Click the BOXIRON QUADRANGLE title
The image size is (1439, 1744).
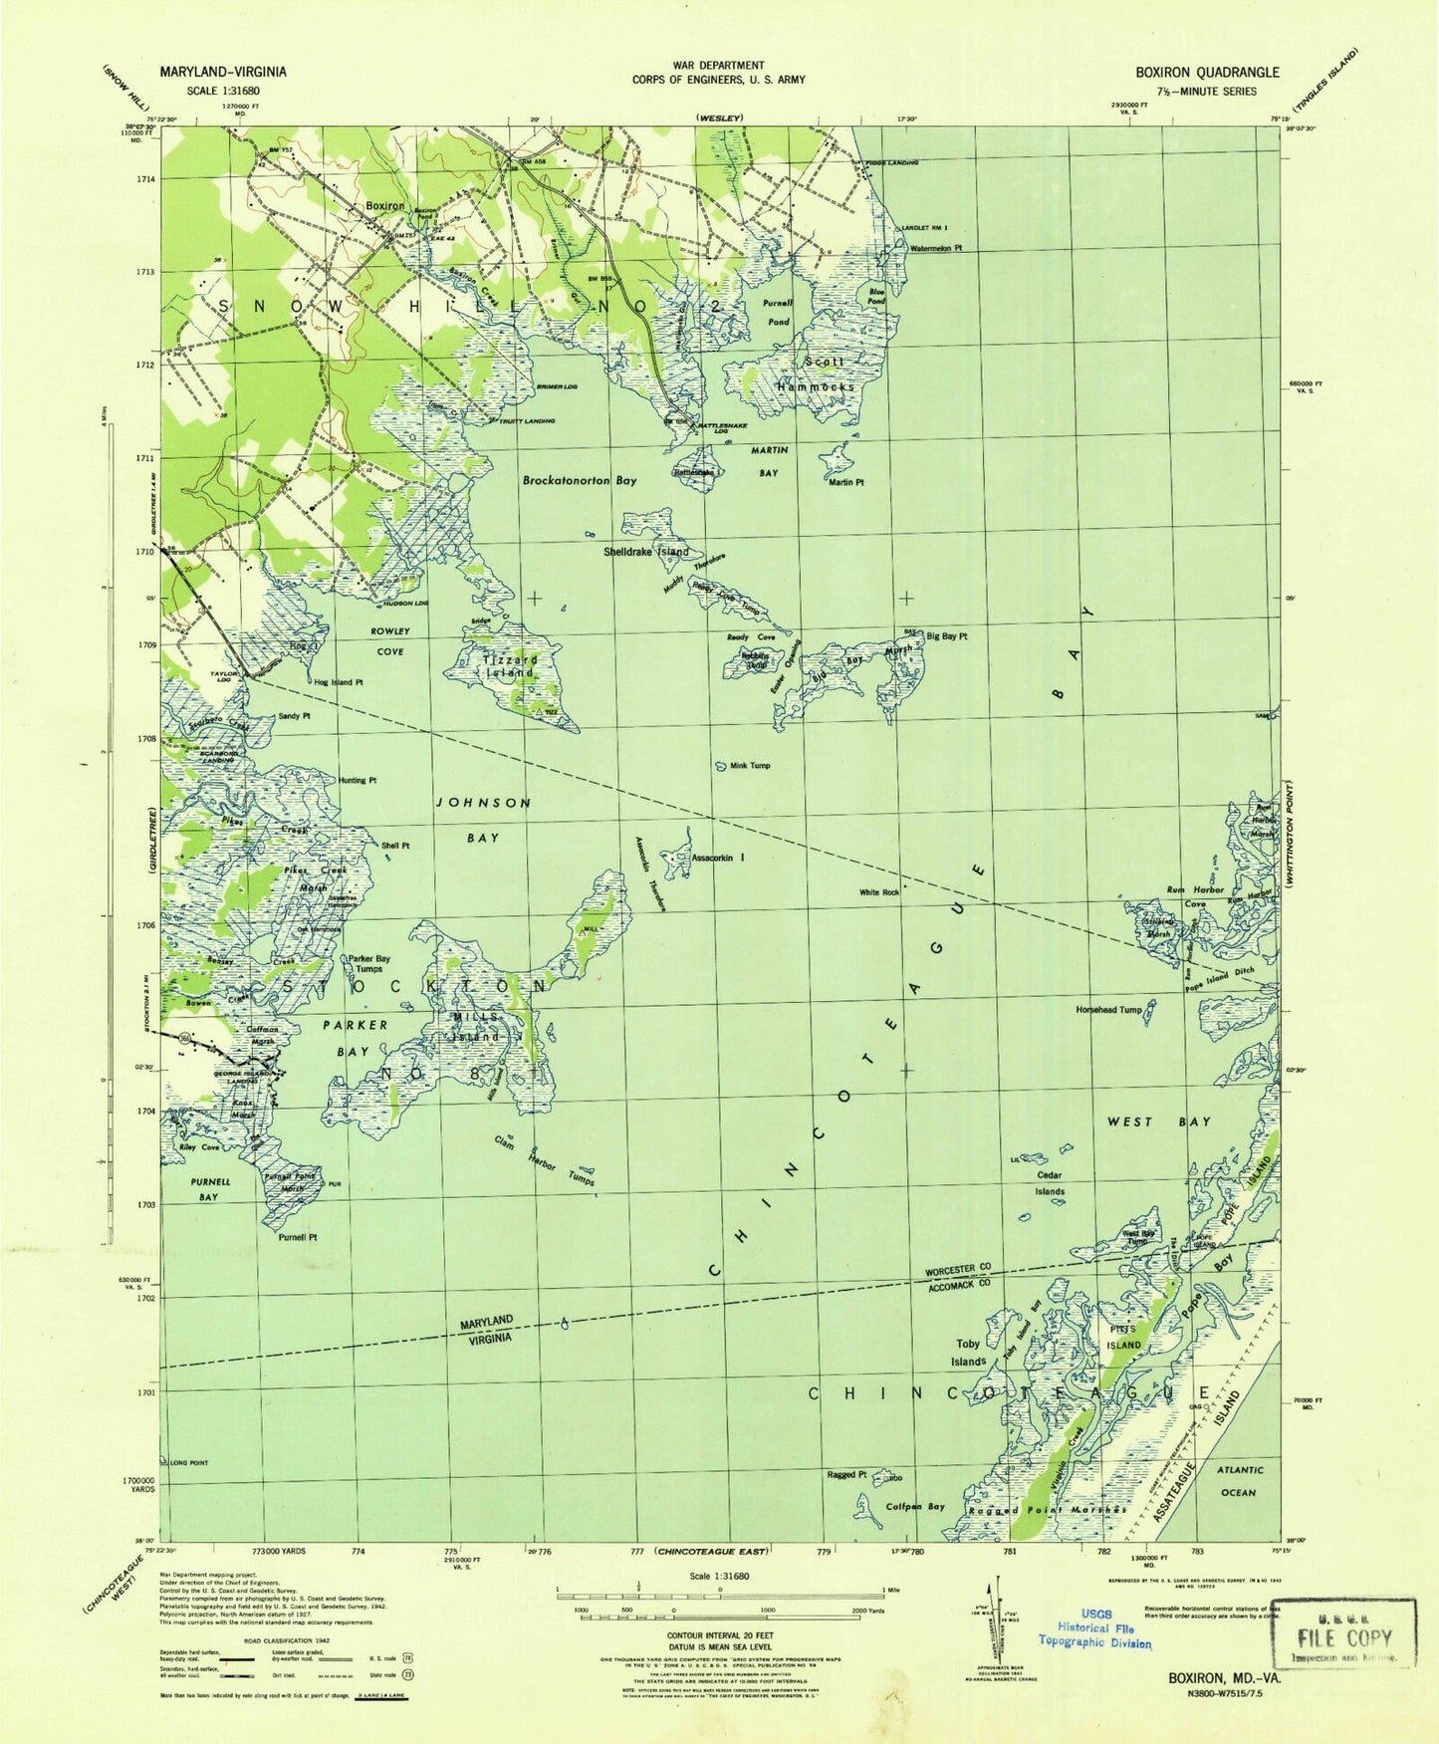point(1207,72)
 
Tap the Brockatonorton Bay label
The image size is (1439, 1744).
point(579,480)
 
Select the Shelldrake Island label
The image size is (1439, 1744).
point(645,552)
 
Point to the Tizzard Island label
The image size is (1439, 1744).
point(510,665)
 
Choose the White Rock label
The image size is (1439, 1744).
point(879,892)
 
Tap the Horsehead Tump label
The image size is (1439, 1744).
point(1108,1009)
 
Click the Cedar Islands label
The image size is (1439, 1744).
point(1049,1183)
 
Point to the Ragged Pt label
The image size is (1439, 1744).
point(846,1474)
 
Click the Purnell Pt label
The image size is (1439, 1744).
point(297,1236)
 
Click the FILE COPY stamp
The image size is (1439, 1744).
point(1344,1635)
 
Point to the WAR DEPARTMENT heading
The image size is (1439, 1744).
point(718,65)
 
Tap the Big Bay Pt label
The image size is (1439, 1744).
point(946,635)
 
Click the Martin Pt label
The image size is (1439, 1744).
point(845,482)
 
